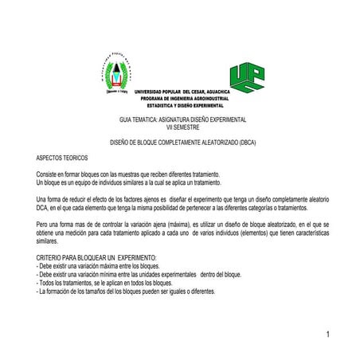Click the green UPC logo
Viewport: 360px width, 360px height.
pos(247,76)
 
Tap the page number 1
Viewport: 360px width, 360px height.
pos(327,334)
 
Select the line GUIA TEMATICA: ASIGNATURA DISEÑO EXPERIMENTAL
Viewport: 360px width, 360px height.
pos(182,119)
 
